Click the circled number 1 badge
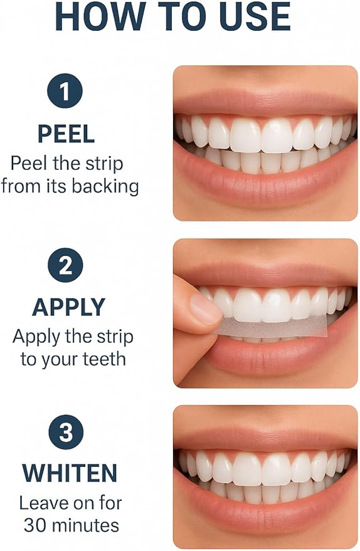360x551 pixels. (x=65, y=91)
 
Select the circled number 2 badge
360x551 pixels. (x=65, y=265)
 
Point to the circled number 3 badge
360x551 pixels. (x=66, y=432)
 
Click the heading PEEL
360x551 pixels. (x=66, y=134)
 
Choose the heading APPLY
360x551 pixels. (x=68, y=307)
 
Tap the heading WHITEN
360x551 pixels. (x=69, y=473)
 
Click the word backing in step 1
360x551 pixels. (x=105, y=187)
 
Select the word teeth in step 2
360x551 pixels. (x=104, y=359)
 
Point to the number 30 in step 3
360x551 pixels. (x=36, y=525)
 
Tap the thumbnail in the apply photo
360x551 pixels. (x=205, y=308)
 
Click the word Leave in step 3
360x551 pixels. (x=39, y=503)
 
